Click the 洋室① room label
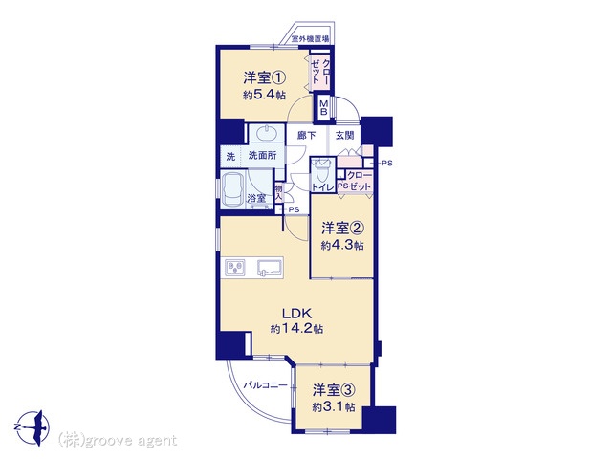pos(265,77)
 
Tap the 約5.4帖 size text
pos(264,95)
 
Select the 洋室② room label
pos(342,228)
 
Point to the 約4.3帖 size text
pos(342,245)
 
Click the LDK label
pos(296,313)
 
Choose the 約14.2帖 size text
pos(297,329)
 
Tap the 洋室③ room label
pos(334,389)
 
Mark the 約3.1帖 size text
pos(334,407)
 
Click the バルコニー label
pos(266,385)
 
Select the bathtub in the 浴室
pos(233,189)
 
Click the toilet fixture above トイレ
pos(322,170)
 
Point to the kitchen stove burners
pos(235,268)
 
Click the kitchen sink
pos(270,268)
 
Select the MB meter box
pos(323,107)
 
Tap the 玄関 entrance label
pos(345,135)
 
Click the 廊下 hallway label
pos(306,135)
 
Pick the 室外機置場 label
pos(311,39)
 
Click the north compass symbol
pos(34,427)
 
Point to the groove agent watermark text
pos(118,440)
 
